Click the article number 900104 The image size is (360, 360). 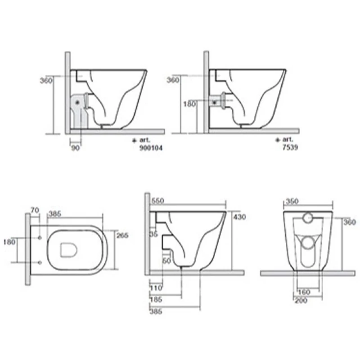(x=151, y=148)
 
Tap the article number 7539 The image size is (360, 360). (x=290, y=148)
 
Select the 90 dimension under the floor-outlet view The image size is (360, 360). (x=76, y=148)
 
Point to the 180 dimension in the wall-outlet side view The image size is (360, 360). (x=189, y=104)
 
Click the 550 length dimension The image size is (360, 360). (x=157, y=201)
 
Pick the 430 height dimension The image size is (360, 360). (x=239, y=217)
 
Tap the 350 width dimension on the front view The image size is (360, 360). (x=292, y=201)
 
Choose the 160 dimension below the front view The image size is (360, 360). (x=304, y=292)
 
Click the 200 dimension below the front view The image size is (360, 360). (x=301, y=300)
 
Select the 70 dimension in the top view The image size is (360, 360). (x=35, y=210)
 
